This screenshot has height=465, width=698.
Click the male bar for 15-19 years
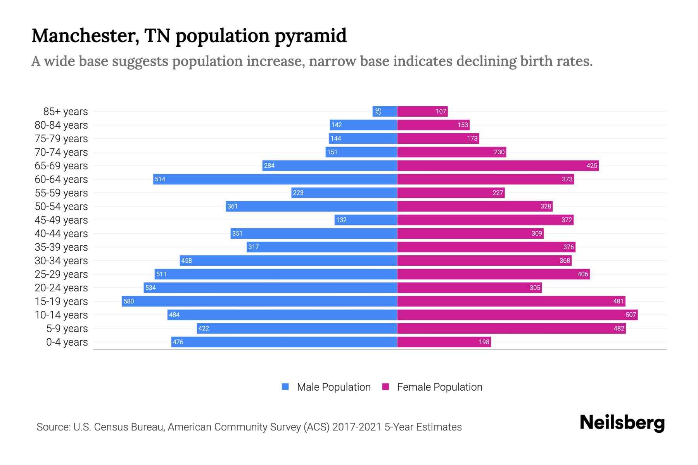point(259,301)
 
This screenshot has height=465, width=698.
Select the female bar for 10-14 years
point(517,315)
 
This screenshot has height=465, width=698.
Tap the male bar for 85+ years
point(385,111)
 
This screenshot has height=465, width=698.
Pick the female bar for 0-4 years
point(444,342)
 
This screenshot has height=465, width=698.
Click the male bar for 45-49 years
point(366,220)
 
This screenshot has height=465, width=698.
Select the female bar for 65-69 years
point(498,165)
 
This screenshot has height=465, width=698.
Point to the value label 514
point(160,179)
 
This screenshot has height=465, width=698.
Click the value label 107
point(441,111)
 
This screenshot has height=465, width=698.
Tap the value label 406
point(583,274)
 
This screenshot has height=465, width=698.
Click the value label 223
point(298,193)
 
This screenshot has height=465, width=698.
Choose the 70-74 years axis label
point(61,152)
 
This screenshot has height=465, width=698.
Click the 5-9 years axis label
point(67,329)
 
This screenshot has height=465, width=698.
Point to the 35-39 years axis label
point(61,247)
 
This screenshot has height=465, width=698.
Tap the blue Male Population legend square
point(285,387)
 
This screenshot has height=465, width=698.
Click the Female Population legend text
point(440,387)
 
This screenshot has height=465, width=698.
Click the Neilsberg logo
point(622,423)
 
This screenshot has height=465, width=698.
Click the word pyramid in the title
point(311,36)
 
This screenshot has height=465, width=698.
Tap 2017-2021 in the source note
point(357,427)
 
